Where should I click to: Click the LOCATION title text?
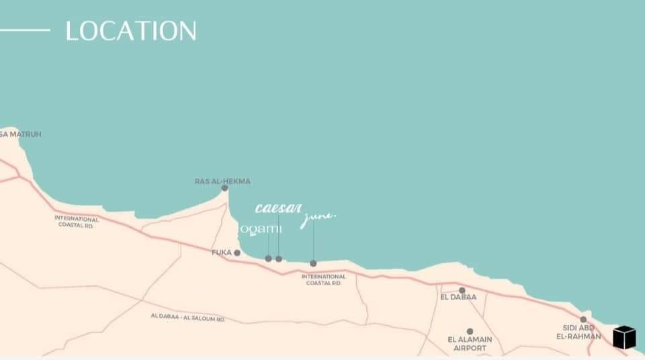tap(131, 31)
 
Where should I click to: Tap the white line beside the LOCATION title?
tap(25, 30)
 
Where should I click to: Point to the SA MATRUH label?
tap(21, 134)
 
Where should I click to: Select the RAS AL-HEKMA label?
tap(222, 181)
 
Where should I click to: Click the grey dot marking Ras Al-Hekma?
tap(224, 188)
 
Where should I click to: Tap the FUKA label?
tap(221, 253)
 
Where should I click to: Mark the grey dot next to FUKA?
tap(237, 253)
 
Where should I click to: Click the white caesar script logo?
tap(278, 208)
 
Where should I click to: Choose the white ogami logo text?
tap(261, 229)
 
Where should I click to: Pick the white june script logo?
tap(318, 218)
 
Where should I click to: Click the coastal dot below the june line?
tap(313, 263)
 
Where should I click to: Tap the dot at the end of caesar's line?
tap(279, 259)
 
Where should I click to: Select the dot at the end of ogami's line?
tap(268, 259)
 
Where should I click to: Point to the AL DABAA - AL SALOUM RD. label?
tap(188, 317)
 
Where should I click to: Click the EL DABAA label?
tap(458, 297)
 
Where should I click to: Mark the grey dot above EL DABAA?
tap(462, 290)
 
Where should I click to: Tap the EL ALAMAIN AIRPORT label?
tap(470, 344)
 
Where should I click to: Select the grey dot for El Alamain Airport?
tap(470, 332)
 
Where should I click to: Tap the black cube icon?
tap(624, 337)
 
